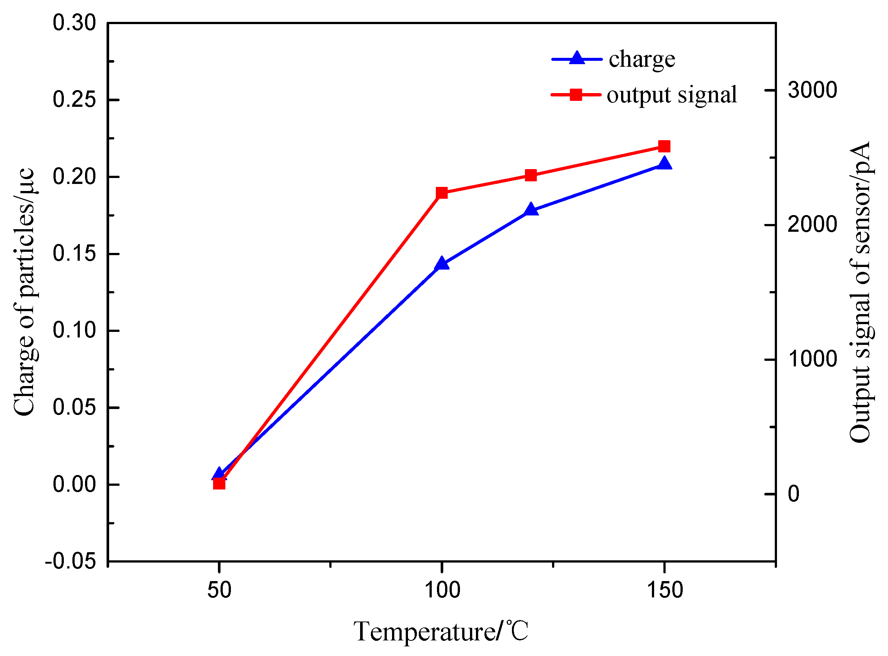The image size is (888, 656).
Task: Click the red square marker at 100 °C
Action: click(442, 193)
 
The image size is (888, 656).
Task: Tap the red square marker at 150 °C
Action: click(664, 146)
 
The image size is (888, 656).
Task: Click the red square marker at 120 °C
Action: click(531, 175)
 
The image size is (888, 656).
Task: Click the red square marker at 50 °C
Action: click(219, 484)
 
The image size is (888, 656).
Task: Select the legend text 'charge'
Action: click(642, 60)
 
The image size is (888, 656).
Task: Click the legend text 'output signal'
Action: click(672, 95)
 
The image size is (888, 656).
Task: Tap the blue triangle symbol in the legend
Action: click(577, 59)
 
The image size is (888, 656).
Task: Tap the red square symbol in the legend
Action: click(576, 95)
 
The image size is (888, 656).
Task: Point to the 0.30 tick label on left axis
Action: click(74, 23)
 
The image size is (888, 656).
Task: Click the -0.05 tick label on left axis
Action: click(71, 561)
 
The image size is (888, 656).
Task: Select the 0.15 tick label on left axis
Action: click(74, 254)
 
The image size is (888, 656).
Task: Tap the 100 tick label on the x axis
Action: click(442, 590)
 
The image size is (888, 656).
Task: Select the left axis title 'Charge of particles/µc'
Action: click(25, 292)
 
